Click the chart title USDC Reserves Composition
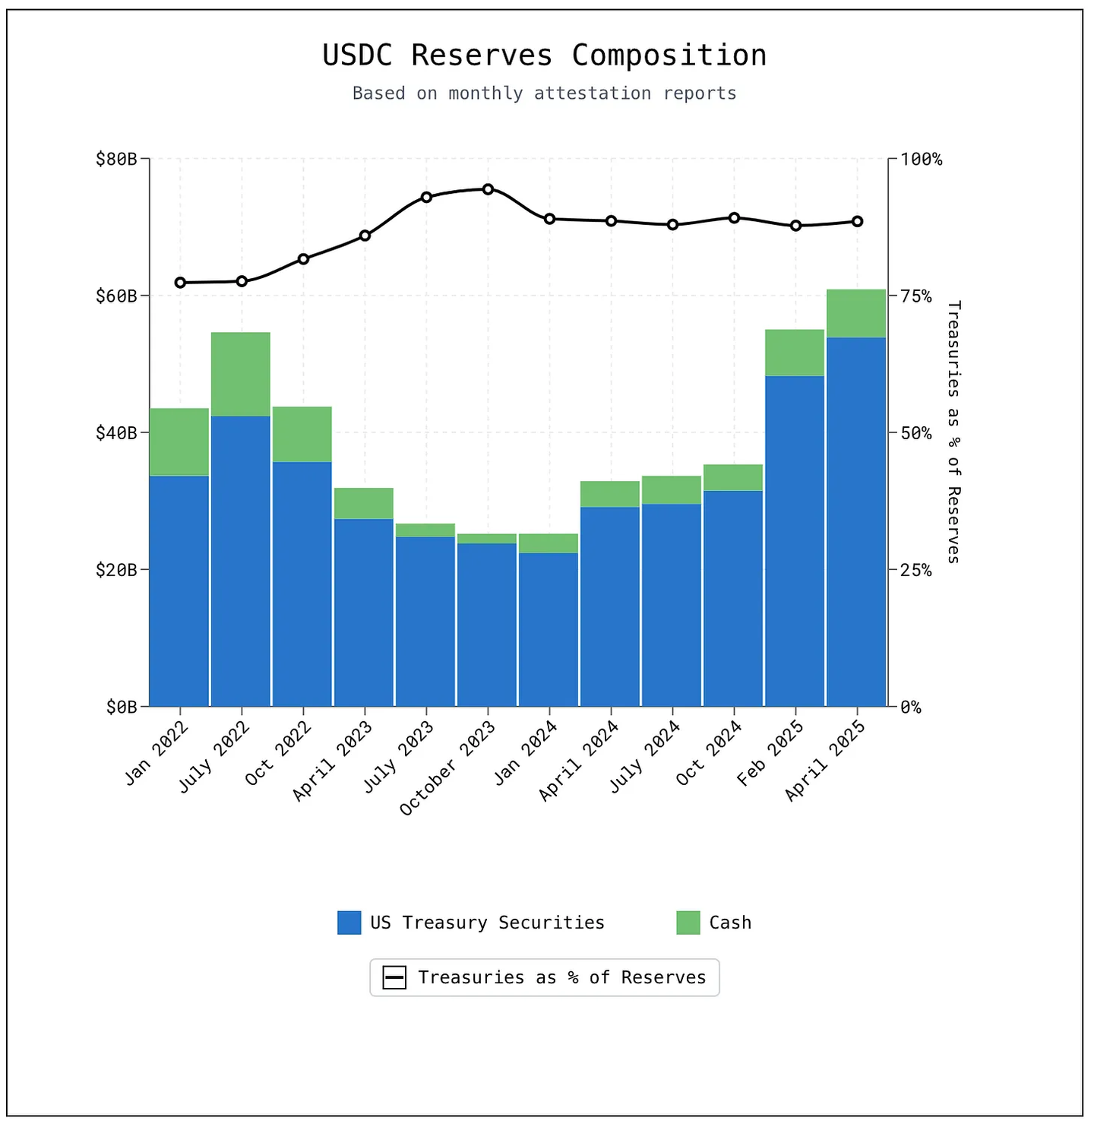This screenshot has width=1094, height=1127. [544, 55]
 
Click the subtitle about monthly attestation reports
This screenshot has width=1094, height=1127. [544, 93]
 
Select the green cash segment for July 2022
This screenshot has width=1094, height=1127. [241, 374]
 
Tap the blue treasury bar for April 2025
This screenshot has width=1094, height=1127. [856, 521]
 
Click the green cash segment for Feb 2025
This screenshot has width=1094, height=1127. [795, 353]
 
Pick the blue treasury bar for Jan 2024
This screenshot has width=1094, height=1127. [549, 629]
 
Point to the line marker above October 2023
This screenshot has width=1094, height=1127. [488, 189]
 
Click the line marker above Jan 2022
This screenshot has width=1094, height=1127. [180, 283]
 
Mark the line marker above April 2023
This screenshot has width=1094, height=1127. [365, 236]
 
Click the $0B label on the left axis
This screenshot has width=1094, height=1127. [122, 708]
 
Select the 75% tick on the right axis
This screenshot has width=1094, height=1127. [915, 296]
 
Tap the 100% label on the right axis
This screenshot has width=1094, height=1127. [921, 159]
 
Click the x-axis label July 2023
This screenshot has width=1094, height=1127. [398, 756]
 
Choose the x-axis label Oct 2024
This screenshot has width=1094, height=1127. [708, 753]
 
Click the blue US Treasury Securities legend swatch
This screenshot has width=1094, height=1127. [349, 923]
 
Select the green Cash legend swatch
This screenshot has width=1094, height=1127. [688, 923]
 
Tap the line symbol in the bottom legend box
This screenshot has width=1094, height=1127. [394, 977]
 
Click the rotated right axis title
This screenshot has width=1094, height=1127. [953, 432]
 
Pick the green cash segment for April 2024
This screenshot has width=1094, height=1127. [610, 494]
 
